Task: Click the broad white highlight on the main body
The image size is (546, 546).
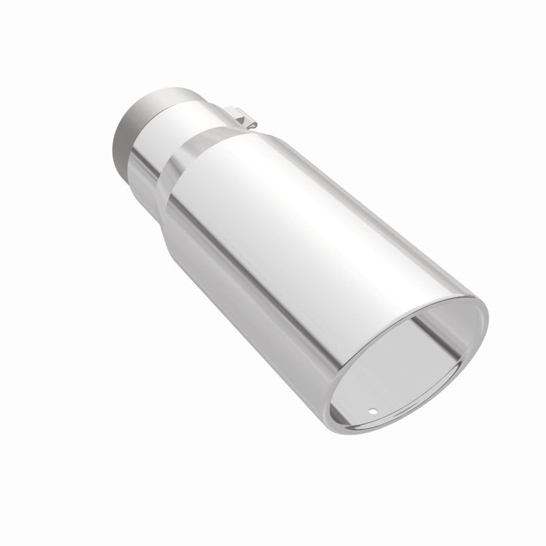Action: (287, 205)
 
